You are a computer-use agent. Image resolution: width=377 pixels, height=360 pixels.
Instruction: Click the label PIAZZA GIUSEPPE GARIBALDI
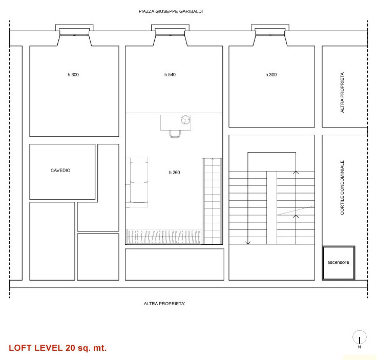click(x=171, y=11)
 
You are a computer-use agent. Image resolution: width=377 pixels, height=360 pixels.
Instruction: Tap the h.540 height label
click(x=170, y=75)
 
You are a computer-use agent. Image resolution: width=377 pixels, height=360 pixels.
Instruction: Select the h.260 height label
click(x=174, y=172)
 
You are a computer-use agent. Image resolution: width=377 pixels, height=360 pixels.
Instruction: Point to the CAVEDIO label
click(x=60, y=170)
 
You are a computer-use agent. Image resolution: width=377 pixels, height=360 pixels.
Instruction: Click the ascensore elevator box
click(x=338, y=263)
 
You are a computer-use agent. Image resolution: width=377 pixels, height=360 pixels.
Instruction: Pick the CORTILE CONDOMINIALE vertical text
click(x=342, y=187)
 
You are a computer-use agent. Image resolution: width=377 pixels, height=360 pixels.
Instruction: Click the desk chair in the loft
click(x=175, y=134)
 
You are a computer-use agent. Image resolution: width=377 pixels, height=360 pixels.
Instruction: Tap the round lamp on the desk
click(x=185, y=120)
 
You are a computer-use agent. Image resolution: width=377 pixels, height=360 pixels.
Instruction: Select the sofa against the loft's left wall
click(x=137, y=182)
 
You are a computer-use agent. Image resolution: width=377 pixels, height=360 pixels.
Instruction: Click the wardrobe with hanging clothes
click(x=163, y=237)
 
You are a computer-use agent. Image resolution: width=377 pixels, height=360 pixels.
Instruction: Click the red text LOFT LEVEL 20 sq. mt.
click(x=58, y=348)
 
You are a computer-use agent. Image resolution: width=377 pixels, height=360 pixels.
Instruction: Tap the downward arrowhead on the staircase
click(x=248, y=243)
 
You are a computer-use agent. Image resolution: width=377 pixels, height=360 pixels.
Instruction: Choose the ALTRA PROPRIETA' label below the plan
click(x=164, y=304)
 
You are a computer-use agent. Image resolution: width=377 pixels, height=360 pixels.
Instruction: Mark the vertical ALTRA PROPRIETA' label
click(x=342, y=92)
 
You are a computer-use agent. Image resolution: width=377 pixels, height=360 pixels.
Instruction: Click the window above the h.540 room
click(x=170, y=35)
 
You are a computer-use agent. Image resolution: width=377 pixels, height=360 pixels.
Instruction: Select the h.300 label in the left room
click(x=73, y=75)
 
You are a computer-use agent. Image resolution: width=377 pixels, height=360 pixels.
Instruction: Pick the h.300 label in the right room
click(x=271, y=75)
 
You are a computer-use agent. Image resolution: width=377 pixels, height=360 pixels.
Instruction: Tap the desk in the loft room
click(x=176, y=123)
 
